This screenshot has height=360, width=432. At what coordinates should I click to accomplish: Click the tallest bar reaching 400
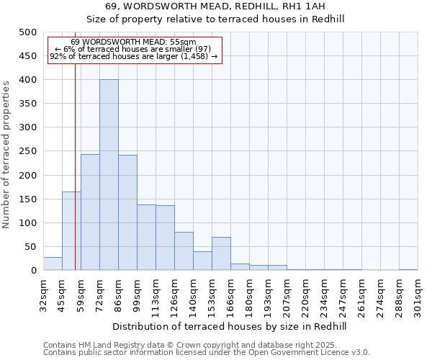(109, 175)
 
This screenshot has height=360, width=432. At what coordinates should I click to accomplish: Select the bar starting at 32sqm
(53, 264)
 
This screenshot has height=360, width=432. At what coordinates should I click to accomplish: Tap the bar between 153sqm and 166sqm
(221, 253)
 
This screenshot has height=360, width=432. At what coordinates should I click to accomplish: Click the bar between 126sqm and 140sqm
(184, 251)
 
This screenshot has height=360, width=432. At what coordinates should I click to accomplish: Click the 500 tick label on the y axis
(28, 32)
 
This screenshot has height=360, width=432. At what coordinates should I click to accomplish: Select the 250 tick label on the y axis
(28, 151)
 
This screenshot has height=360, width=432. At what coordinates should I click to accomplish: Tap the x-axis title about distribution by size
(230, 326)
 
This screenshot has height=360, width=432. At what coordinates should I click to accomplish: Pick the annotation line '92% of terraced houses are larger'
(133, 56)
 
